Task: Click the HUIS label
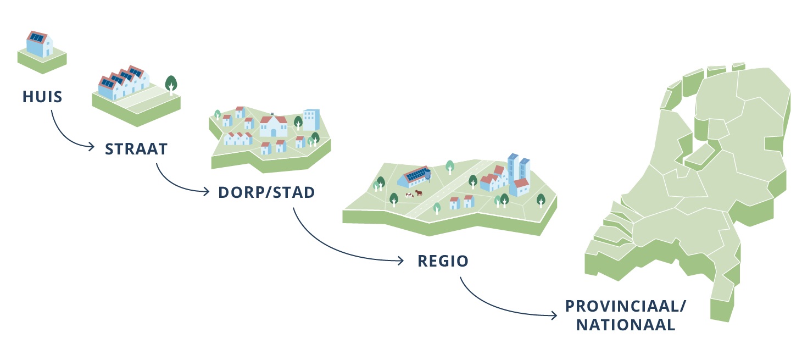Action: [x=42, y=97]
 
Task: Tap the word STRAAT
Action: [x=136, y=149]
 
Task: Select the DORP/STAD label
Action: [x=266, y=192]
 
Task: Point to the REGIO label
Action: [x=443, y=261]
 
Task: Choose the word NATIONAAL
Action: [x=626, y=325]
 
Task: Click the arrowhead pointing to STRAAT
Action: [x=91, y=146]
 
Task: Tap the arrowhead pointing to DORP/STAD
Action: [x=206, y=192]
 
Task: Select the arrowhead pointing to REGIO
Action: [x=400, y=261]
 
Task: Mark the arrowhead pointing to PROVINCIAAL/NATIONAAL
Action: [x=554, y=315]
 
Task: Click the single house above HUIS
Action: [x=40, y=45]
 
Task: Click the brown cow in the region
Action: [x=419, y=193]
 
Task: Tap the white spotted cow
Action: [x=409, y=195]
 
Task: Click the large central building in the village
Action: [x=274, y=125]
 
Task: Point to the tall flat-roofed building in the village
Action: [x=311, y=120]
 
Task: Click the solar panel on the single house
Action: [x=37, y=37]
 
